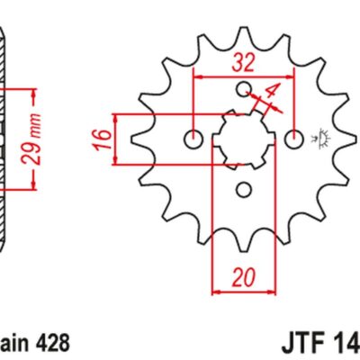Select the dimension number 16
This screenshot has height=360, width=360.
(103, 139)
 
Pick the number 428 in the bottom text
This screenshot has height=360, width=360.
(48, 344)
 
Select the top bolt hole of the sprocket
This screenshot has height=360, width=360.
(243, 88)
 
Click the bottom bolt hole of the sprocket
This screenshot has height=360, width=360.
(243, 189)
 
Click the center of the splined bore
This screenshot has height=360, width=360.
(243, 139)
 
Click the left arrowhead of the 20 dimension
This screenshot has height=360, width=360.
(215, 292)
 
